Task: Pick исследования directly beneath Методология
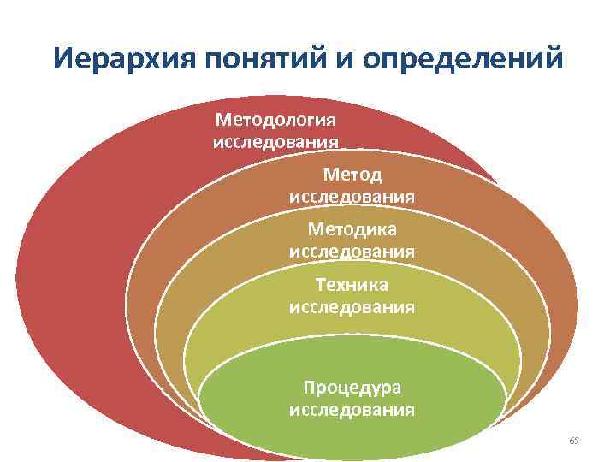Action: pos(275,140)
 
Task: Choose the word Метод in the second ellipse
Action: pos(352,175)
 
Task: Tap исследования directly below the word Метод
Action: pos(352,197)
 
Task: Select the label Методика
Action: pos(352,229)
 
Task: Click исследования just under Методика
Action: pos(352,252)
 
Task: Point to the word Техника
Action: pos(352,284)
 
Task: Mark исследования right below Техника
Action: pos(352,306)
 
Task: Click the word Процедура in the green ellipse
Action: pos(352,388)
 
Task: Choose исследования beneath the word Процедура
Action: pos(352,410)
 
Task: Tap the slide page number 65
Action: pos(574,440)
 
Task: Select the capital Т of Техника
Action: pos(320,284)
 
